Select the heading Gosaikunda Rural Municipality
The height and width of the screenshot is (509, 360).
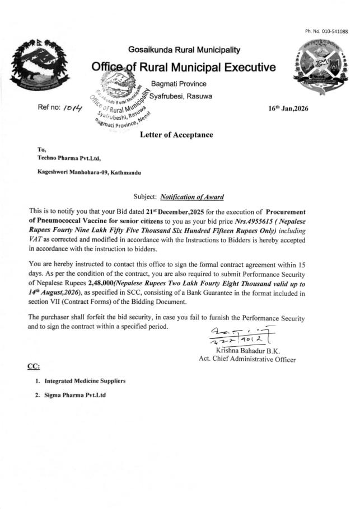point(184,50)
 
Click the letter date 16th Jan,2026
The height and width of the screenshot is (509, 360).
point(288,109)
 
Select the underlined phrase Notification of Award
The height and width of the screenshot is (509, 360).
point(192,197)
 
